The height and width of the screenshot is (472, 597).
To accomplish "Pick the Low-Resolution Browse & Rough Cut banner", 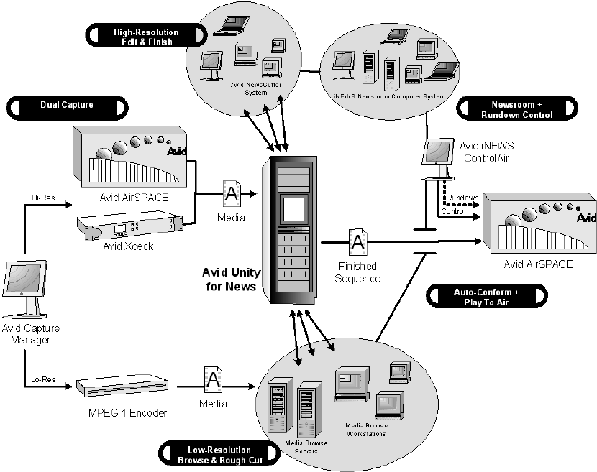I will point(217,455).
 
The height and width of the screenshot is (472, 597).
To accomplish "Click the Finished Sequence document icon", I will point(357,241).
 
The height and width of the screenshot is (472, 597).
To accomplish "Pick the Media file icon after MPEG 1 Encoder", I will point(213,381).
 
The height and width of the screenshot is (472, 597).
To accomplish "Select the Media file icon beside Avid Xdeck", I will point(232,192).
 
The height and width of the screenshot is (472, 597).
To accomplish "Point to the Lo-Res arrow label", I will point(40,378).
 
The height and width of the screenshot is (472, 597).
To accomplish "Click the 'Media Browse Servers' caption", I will point(306,447).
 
